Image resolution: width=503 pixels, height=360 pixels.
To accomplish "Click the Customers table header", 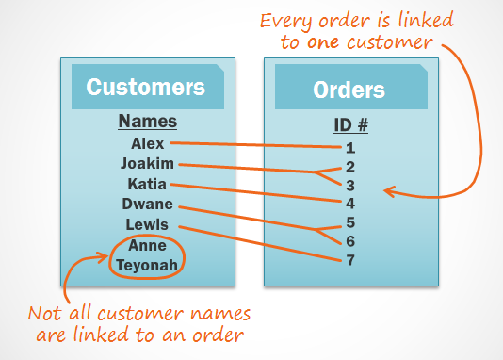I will (x=145, y=88).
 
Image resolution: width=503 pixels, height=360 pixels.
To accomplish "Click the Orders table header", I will (x=349, y=90).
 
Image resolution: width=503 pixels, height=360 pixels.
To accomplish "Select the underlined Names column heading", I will (x=147, y=122).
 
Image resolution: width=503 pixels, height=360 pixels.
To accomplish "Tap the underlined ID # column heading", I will (x=349, y=125).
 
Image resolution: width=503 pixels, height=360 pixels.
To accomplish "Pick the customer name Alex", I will (x=148, y=143).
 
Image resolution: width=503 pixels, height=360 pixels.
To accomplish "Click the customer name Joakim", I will (x=147, y=163).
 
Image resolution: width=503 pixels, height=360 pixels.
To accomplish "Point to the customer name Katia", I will (x=147, y=184).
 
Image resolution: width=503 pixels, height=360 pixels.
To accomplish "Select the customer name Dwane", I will (x=147, y=204).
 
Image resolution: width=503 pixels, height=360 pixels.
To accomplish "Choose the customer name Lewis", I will (x=147, y=224).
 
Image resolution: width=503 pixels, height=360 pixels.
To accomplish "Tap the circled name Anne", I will (x=147, y=245).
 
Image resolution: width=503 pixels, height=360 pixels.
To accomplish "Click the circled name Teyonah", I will (x=147, y=265).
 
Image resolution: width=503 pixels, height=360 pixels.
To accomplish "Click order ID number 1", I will (x=349, y=147).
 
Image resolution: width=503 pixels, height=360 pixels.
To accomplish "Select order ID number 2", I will (x=349, y=167).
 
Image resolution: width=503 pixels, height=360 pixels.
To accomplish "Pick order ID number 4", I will (x=349, y=202).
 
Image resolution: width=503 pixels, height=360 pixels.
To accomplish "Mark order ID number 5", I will (x=349, y=222).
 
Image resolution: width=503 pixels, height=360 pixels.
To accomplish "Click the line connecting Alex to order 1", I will (x=254, y=145).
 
